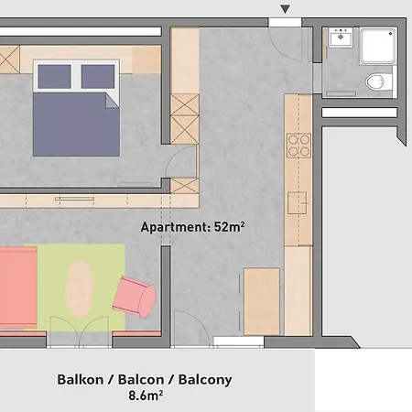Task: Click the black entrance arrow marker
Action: pos(285,8)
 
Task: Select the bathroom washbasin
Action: pos(341,38)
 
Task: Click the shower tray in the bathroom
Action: pos(378,46)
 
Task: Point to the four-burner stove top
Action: pos(298,146)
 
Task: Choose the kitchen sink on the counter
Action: pos(297,202)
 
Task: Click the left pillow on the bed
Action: pos(54,77)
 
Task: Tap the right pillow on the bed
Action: pos(98,77)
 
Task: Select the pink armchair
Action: pos(135,297)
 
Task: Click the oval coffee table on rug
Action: pos(79,289)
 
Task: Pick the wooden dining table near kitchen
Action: pos(262,301)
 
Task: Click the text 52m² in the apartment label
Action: pos(229,226)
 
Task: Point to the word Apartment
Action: pos(175,227)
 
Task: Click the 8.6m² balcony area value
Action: pos(146,396)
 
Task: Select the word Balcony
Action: pos(205,380)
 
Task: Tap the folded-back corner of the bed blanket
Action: pos(112,101)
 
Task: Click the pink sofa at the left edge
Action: pos(18,287)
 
